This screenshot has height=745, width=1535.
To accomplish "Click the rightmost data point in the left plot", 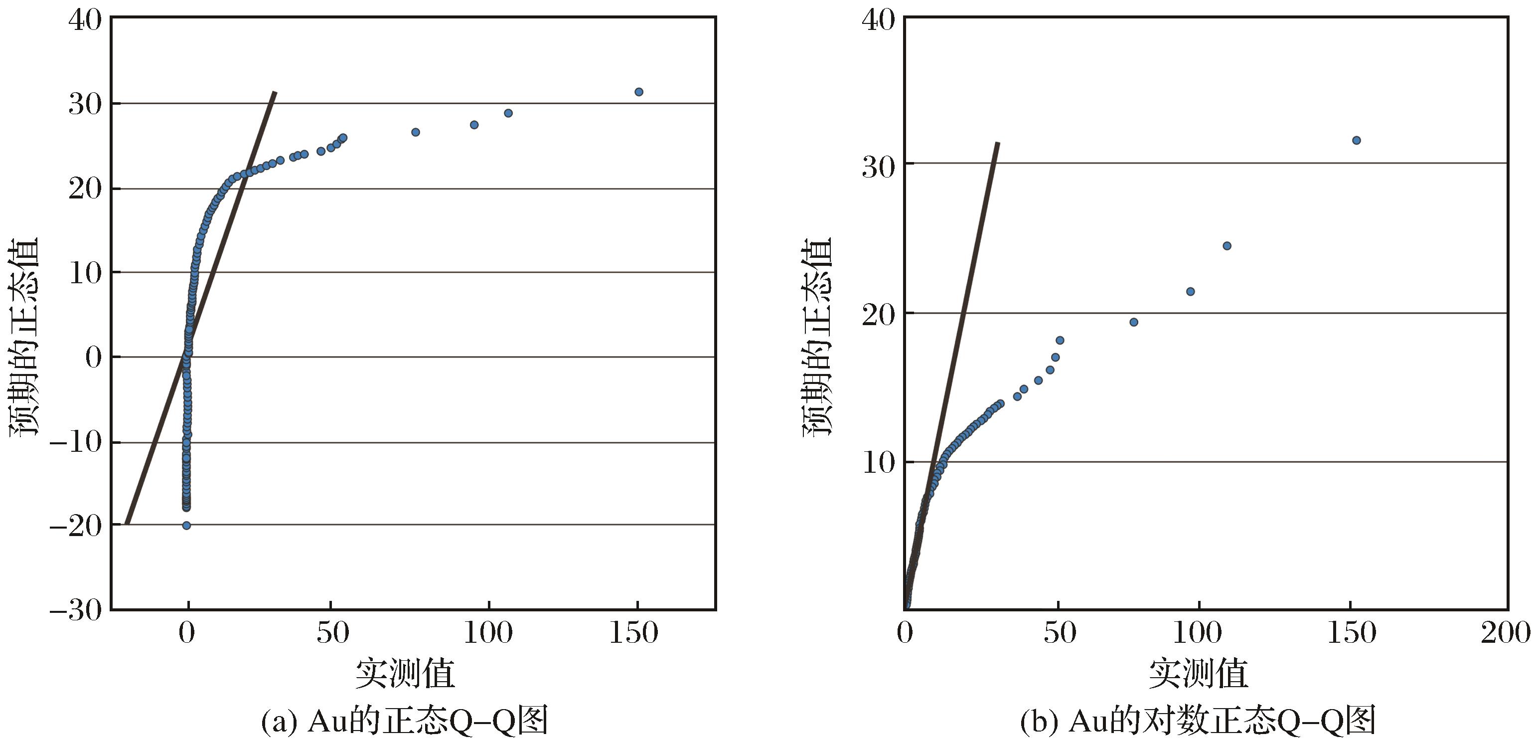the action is coord(639,92).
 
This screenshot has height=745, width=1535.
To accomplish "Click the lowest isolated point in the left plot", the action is coord(186,525).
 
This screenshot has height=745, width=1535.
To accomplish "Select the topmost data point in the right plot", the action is coord(1356,140).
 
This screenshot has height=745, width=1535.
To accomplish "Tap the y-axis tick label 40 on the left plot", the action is coord(85,19).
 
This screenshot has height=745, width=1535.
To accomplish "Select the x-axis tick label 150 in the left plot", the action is coord(633,633).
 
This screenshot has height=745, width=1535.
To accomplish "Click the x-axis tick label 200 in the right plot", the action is coord(1506,633).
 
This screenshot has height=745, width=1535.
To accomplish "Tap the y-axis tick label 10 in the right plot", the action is coord(880,462).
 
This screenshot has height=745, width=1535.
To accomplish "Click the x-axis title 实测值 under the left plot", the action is coord(405,674).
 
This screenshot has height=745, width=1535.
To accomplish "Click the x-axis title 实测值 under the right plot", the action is coord(1198,674).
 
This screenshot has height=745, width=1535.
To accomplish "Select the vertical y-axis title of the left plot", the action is coord(23,337).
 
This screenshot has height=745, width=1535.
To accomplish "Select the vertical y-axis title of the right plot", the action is coord(816,337).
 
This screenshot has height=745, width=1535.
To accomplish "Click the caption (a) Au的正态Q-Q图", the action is coord(405,721).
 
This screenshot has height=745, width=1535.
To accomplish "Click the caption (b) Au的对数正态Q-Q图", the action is coord(1198,721).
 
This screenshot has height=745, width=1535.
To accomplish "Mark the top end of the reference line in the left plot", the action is coord(275,92).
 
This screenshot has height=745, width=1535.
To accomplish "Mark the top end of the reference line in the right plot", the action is coord(998,143).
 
